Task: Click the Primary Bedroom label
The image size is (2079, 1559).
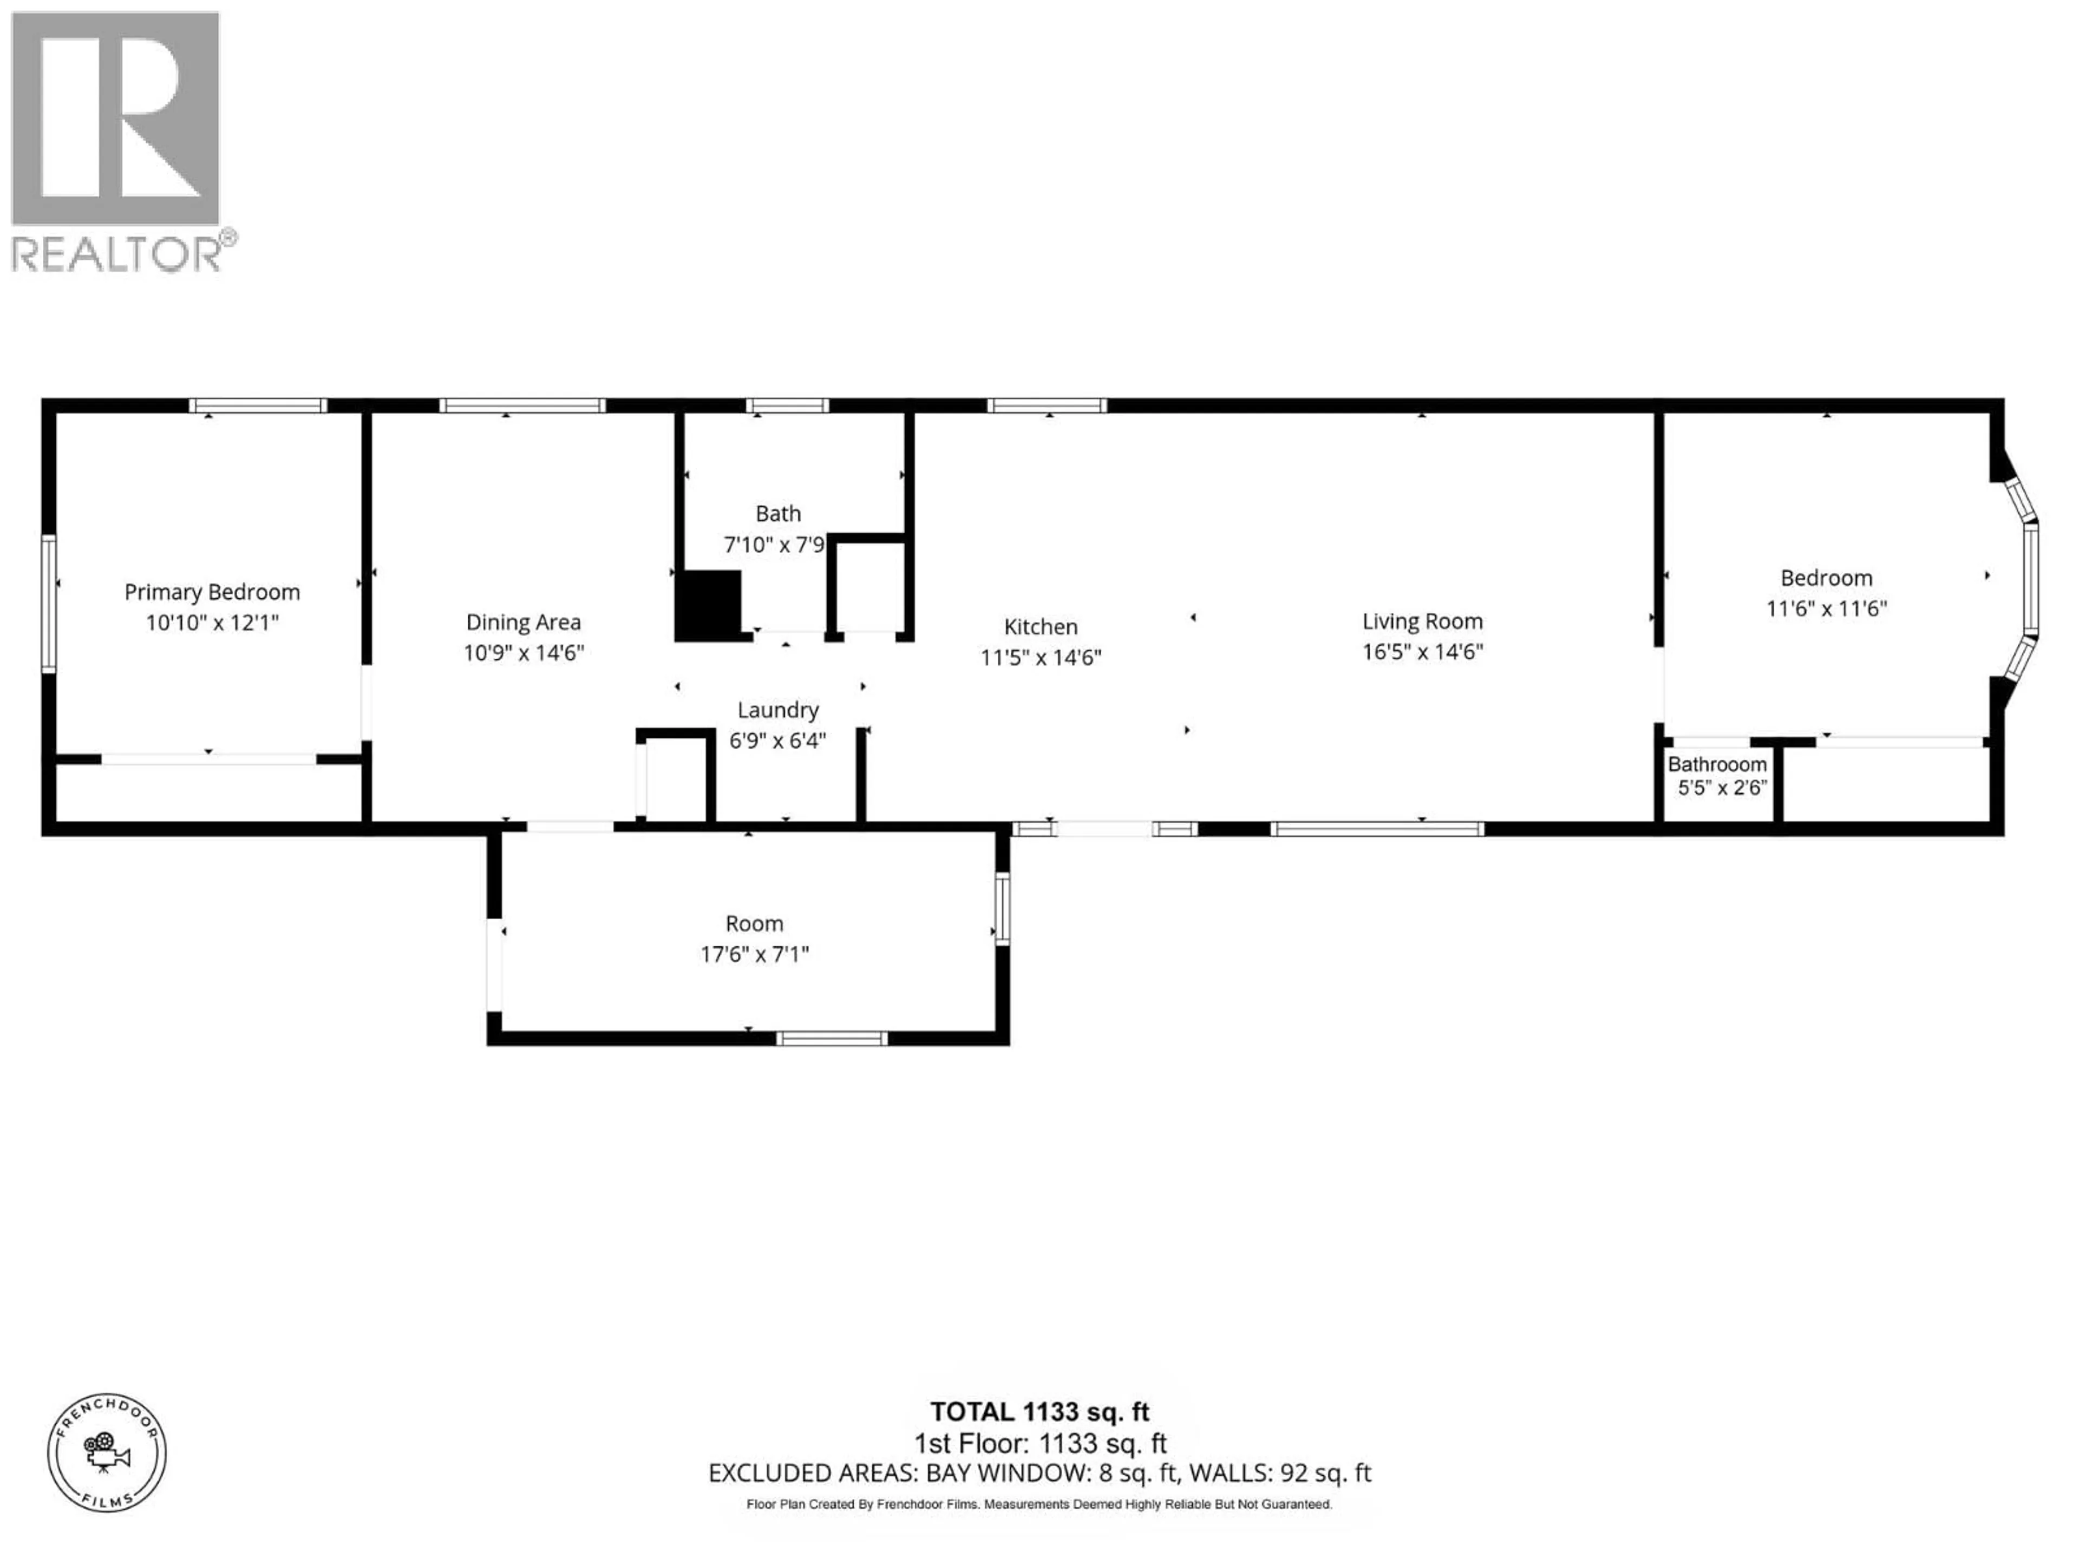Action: point(212,592)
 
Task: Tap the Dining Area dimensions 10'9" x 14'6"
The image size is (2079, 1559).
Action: point(524,652)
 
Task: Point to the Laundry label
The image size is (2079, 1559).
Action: point(777,710)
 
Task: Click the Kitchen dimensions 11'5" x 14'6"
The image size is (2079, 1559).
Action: point(1041,657)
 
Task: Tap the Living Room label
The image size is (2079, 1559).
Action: point(1422,621)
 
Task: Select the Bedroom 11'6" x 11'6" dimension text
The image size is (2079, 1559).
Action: point(1826,608)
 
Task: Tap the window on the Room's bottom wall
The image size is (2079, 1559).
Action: point(832,1038)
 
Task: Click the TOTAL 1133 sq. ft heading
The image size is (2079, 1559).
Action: point(1039,1411)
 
